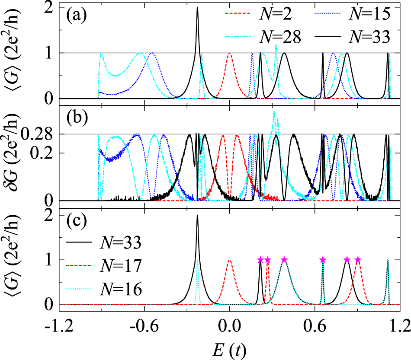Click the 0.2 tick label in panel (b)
tap(42, 153)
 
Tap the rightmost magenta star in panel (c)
tap(358, 259)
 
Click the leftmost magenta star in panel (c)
tap(260, 259)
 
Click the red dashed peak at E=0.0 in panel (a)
tap(230, 54)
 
